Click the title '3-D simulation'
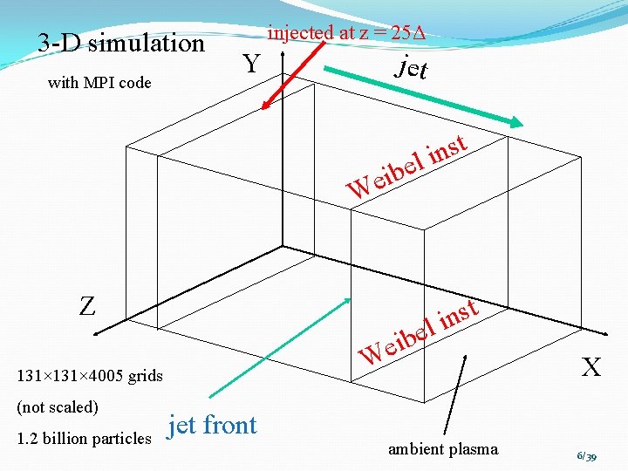tap(121, 43)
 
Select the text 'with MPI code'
tap(99, 83)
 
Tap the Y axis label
tap(252, 64)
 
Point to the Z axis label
tap(87, 306)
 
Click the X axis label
tap(591, 367)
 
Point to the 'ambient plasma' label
tap(443, 449)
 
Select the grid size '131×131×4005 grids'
tap(87, 376)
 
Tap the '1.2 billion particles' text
tap(84, 438)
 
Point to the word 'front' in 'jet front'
tap(229, 425)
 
